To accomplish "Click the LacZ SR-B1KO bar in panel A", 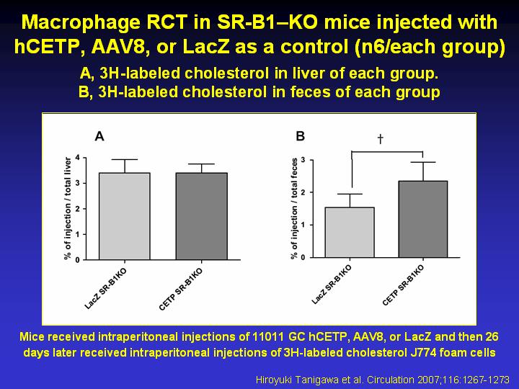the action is [125, 216].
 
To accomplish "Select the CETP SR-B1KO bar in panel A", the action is [202, 216].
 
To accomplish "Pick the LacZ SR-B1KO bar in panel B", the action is [350, 232].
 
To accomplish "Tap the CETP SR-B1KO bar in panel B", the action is [422, 219].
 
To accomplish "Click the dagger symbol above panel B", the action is [381, 139].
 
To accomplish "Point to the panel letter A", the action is [99, 136].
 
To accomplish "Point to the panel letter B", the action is [300, 136].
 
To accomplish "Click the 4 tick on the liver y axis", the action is [78, 158].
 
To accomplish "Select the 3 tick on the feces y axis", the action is [303, 161].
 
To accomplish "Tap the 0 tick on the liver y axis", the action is [78, 260].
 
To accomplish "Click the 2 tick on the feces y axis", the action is [303, 192].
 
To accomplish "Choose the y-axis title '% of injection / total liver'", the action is [68, 208].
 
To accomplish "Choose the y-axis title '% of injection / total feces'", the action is [294, 209].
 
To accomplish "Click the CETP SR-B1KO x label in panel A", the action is [181, 289].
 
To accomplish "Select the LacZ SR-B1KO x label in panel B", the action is [332, 284].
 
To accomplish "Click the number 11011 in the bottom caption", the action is [267, 336].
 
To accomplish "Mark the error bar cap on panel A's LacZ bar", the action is [125, 160].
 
